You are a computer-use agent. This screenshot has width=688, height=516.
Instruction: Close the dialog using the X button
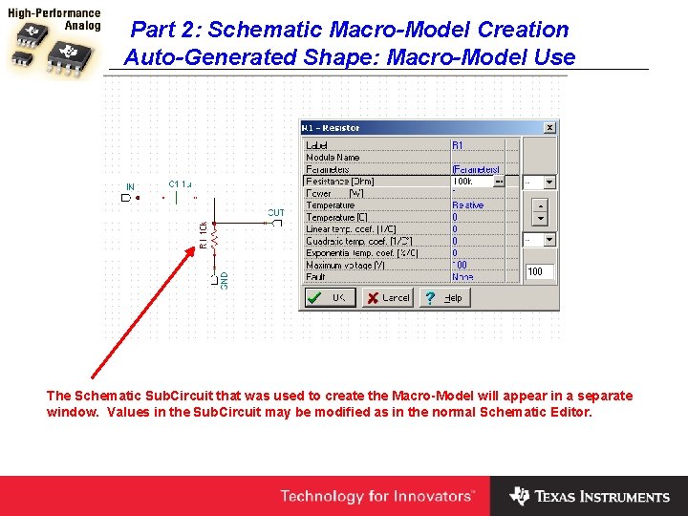click(x=549, y=127)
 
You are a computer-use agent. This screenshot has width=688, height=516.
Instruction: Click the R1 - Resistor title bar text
click(x=331, y=128)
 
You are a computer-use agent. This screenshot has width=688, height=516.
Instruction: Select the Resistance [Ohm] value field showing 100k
click(x=471, y=182)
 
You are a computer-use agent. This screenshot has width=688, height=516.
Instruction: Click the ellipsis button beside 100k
click(x=499, y=182)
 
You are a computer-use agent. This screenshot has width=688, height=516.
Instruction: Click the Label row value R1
click(x=458, y=145)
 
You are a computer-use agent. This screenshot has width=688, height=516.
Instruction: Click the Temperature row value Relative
click(x=467, y=205)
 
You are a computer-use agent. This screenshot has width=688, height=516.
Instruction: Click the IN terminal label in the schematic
click(x=129, y=186)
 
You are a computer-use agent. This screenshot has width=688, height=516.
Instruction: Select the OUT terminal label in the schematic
click(x=275, y=213)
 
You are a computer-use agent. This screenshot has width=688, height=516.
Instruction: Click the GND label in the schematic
click(x=225, y=280)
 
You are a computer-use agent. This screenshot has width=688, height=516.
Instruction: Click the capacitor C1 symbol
click(x=178, y=198)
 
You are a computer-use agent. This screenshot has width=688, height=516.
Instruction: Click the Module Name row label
click(x=333, y=158)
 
